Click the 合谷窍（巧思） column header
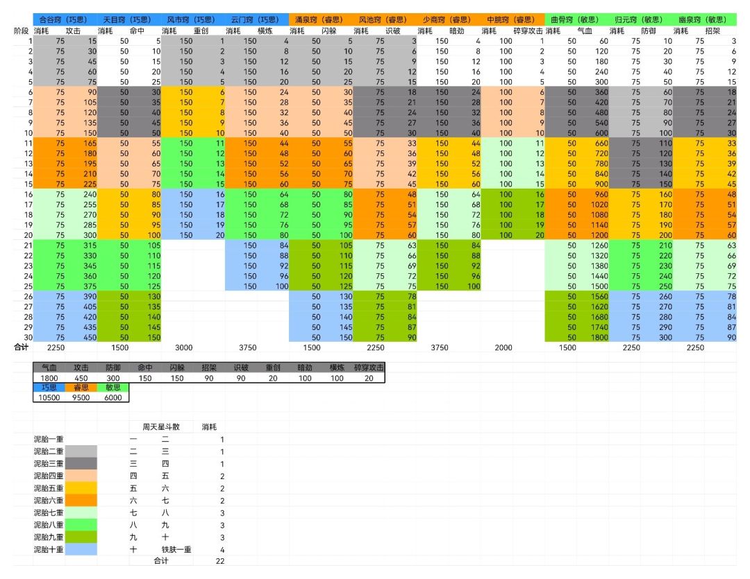tap(64, 19)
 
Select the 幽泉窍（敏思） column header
tap(703, 19)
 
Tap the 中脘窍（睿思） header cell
tap(511, 19)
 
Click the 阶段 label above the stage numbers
tap(22, 31)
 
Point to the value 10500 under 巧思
tap(49, 397)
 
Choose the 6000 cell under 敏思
tap(113, 397)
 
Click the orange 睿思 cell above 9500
tap(81, 388)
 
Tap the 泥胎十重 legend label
tap(49, 549)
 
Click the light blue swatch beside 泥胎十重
tap(81, 549)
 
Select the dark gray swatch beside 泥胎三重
tap(81, 463)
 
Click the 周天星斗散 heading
tap(161, 426)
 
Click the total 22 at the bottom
tap(219, 561)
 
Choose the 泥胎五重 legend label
tap(49, 488)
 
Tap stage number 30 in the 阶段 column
tap(28, 337)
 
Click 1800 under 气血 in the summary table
tap(49, 378)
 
